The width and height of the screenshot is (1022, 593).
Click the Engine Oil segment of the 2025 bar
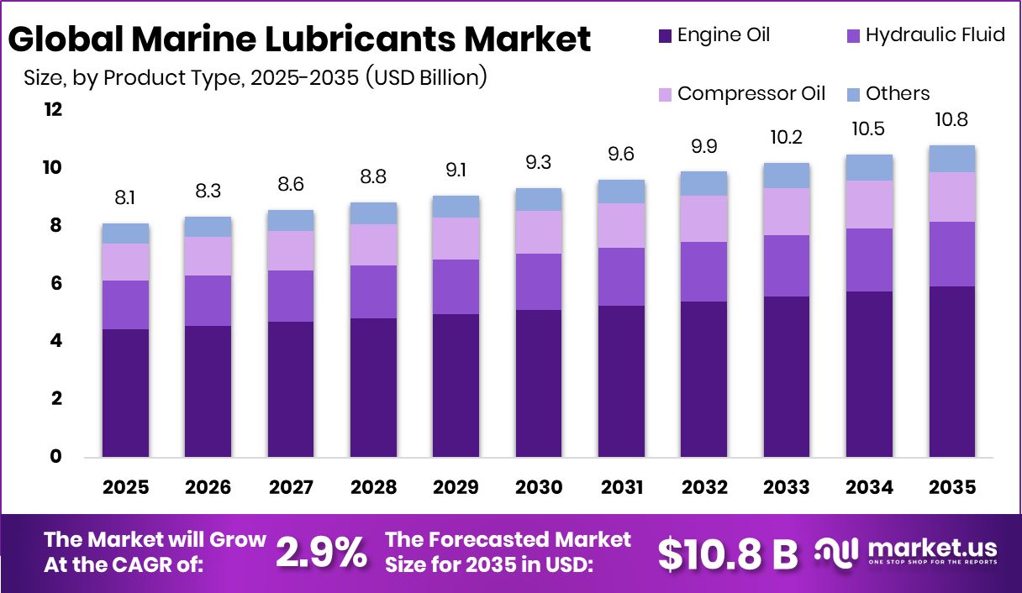(x=126, y=392)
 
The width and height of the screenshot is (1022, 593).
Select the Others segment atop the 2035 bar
(x=953, y=159)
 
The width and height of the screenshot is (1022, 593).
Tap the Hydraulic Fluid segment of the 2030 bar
(x=539, y=281)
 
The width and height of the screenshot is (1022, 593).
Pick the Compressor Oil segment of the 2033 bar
(x=787, y=212)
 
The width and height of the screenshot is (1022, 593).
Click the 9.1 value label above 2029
(x=456, y=171)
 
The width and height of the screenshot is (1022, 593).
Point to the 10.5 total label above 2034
(x=870, y=129)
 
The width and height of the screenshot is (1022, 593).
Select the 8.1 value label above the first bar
(x=126, y=199)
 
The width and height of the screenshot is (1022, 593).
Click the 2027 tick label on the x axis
(x=291, y=487)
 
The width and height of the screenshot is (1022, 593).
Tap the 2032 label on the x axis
(x=704, y=487)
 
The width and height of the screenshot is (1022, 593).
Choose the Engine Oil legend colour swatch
(x=665, y=35)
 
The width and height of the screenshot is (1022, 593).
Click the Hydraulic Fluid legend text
(x=935, y=35)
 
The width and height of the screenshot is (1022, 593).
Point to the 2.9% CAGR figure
(x=321, y=552)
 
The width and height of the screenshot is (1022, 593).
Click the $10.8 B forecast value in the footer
(x=727, y=553)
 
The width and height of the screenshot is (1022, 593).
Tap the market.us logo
(x=908, y=552)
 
